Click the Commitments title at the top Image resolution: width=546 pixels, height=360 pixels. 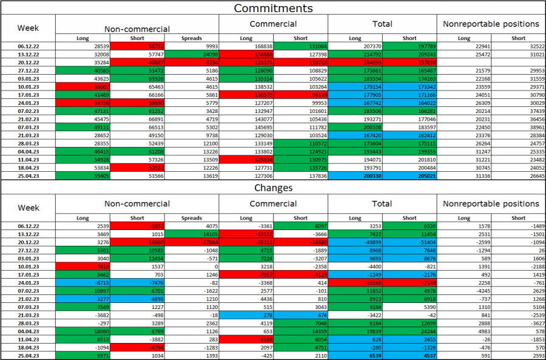[x=273, y=8]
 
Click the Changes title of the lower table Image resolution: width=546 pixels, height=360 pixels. [x=273, y=188]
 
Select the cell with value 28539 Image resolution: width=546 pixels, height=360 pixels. [x=83, y=46]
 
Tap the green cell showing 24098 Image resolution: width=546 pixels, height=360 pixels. [x=191, y=54]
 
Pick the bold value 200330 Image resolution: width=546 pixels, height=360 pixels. [x=355, y=175]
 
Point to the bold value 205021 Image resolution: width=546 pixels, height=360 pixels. [x=409, y=175]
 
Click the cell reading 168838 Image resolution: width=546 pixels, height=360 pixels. [x=246, y=46]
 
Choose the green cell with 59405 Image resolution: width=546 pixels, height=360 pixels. [x=83, y=175]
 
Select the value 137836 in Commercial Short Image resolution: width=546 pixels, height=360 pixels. [x=300, y=175]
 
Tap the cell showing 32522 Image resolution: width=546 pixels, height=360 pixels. [x=519, y=46]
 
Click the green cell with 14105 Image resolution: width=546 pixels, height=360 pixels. [x=191, y=234]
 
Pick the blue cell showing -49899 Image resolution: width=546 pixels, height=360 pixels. [x=355, y=242]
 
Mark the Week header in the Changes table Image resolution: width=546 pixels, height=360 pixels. [x=28, y=208]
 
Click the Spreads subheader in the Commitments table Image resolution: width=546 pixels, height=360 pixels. [x=191, y=38]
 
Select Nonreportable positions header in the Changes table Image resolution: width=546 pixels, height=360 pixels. [x=491, y=203]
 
